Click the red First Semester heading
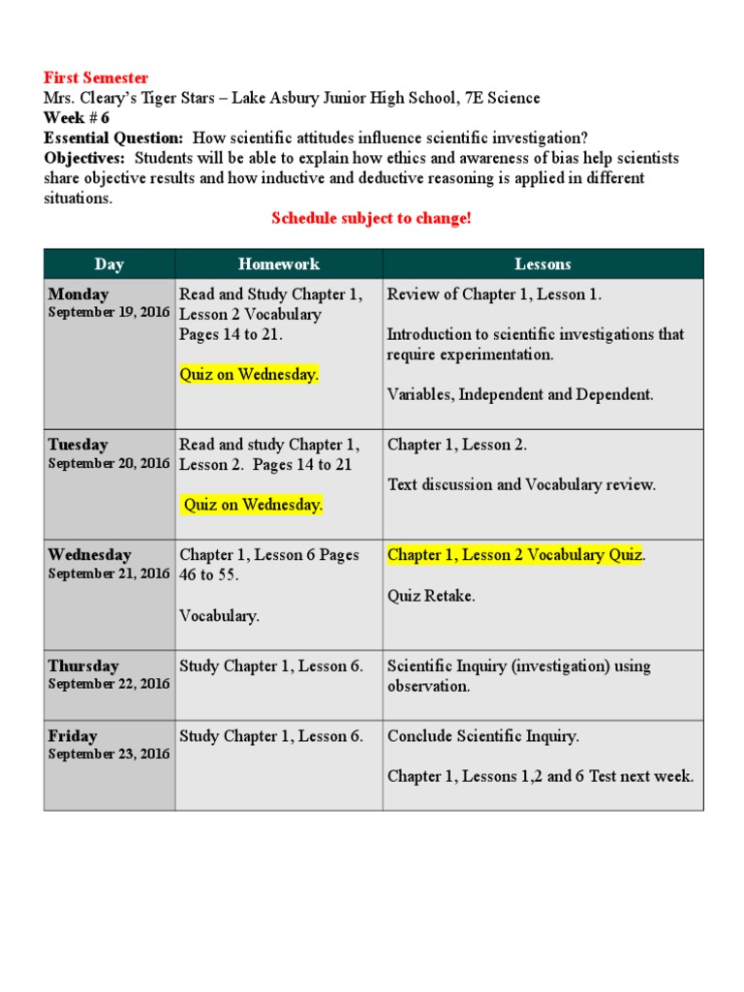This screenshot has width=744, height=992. (x=96, y=77)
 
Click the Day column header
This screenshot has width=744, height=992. (x=109, y=263)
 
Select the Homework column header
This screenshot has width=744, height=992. (x=279, y=263)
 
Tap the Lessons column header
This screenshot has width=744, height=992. (x=542, y=263)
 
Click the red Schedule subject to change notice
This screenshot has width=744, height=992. (x=371, y=218)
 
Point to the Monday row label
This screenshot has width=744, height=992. (x=78, y=294)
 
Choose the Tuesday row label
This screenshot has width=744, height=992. (x=78, y=445)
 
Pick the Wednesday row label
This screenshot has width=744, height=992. (x=89, y=555)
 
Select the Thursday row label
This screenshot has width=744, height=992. (x=84, y=666)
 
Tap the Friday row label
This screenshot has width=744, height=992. (x=73, y=736)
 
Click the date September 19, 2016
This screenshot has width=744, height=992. (x=108, y=313)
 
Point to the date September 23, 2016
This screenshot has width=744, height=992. (x=108, y=754)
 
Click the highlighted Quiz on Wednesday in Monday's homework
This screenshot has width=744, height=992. (x=249, y=375)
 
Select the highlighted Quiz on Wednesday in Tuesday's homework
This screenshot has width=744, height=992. (x=253, y=505)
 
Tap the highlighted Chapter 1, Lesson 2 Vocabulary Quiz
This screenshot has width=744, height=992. (x=515, y=555)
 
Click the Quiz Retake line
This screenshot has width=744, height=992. (x=431, y=596)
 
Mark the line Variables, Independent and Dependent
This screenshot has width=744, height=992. (x=520, y=394)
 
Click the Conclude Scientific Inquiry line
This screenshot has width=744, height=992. (x=483, y=736)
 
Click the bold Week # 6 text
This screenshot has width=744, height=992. (x=77, y=118)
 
